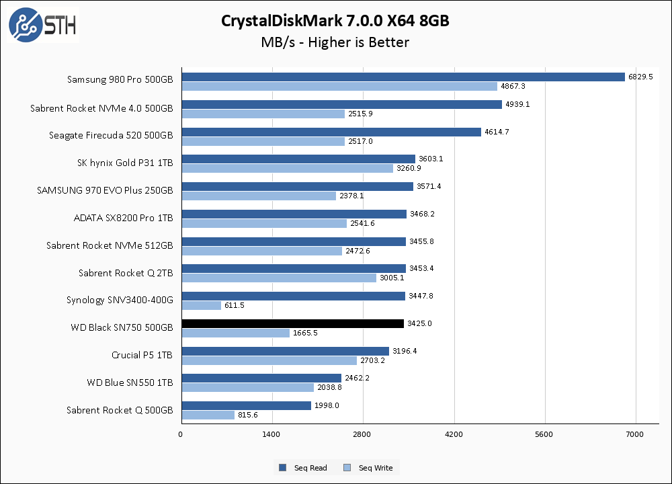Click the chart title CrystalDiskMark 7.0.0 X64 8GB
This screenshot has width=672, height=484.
(x=335, y=21)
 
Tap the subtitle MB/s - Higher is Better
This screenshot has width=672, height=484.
(x=335, y=42)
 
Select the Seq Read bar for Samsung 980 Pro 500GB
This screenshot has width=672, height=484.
(x=403, y=77)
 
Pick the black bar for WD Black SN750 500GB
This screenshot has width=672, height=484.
(x=292, y=323)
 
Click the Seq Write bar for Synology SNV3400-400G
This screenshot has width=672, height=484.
(x=201, y=305)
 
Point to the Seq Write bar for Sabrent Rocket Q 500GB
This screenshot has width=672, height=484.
(x=208, y=415)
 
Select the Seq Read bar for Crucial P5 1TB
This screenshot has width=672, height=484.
(x=285, y=351)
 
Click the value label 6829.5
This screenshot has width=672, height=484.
(x=641, y=77)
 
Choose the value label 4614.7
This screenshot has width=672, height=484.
(x=497, y=132)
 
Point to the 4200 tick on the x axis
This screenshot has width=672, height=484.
(x=454, y=434)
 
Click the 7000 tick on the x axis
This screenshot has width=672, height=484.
(x=635, y=434)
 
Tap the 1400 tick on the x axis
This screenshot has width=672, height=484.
(x=271, y=434)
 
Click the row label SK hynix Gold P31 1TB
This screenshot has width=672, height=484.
(x=126, y=163)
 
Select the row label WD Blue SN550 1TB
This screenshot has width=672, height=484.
(x=130, y=382)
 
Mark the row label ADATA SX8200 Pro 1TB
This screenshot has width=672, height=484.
(x=123, y=218)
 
